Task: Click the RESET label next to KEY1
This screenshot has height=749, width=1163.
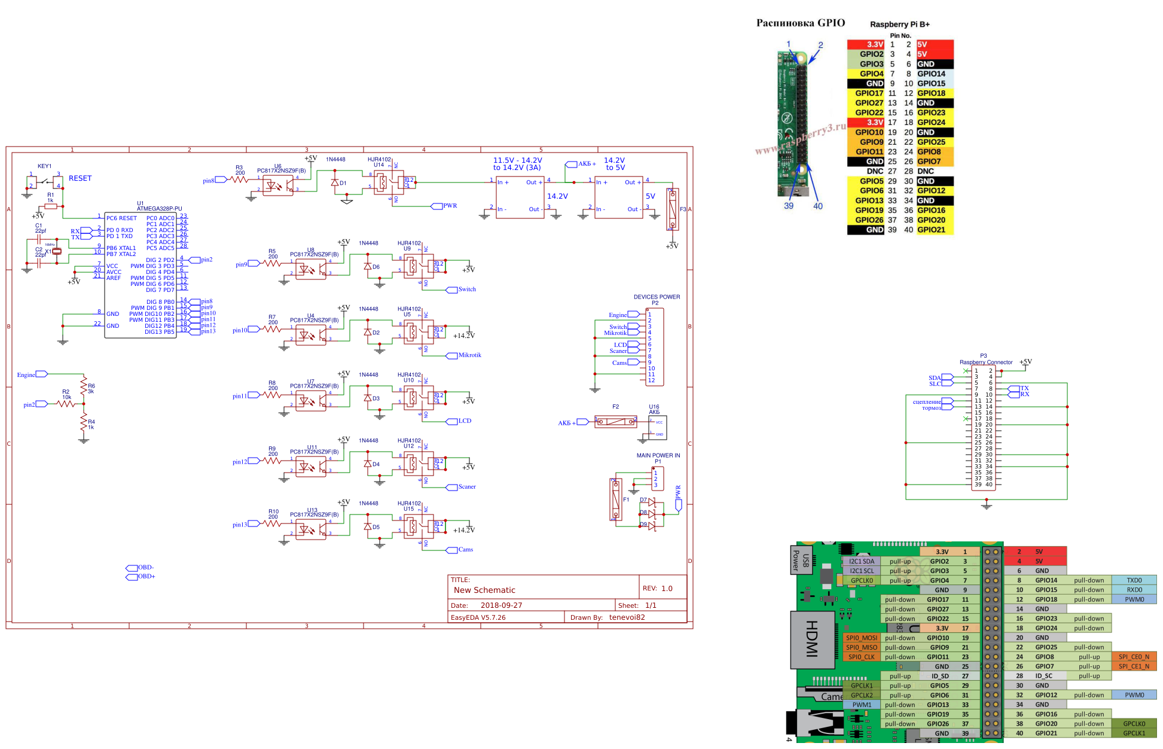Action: (80, 178)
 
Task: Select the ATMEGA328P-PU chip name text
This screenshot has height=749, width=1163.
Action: (159, 209)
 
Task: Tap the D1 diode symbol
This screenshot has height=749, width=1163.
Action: (335, 182)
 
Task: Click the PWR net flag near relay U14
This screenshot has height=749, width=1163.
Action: (438, 206)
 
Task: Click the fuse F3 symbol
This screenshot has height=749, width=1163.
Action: (673, 209)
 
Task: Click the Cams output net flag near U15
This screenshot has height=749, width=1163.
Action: (452, 550)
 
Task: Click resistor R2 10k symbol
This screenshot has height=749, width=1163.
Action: (66, 404)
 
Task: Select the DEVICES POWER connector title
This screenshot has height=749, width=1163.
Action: (657, 297)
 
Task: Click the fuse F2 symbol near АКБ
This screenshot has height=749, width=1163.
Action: (616, 422)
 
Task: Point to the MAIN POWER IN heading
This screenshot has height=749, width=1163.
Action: (658, 455)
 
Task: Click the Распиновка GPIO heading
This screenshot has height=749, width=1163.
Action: (800, 23)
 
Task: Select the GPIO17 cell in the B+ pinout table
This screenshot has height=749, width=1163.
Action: (868, 93)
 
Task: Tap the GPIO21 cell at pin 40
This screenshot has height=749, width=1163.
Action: (931, 230)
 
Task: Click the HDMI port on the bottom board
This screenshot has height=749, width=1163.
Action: (811, 639)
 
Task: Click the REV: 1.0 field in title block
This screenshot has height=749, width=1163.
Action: (657, 588)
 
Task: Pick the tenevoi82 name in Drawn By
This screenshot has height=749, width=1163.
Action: (627, 617)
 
